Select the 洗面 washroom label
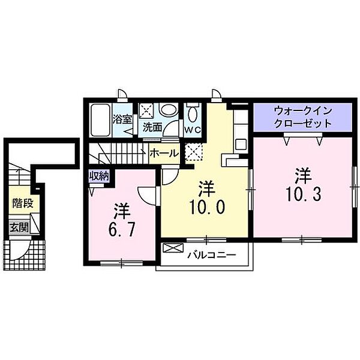152,127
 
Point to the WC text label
192,130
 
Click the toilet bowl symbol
192,115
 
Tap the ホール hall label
163,153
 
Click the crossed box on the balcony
171,248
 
